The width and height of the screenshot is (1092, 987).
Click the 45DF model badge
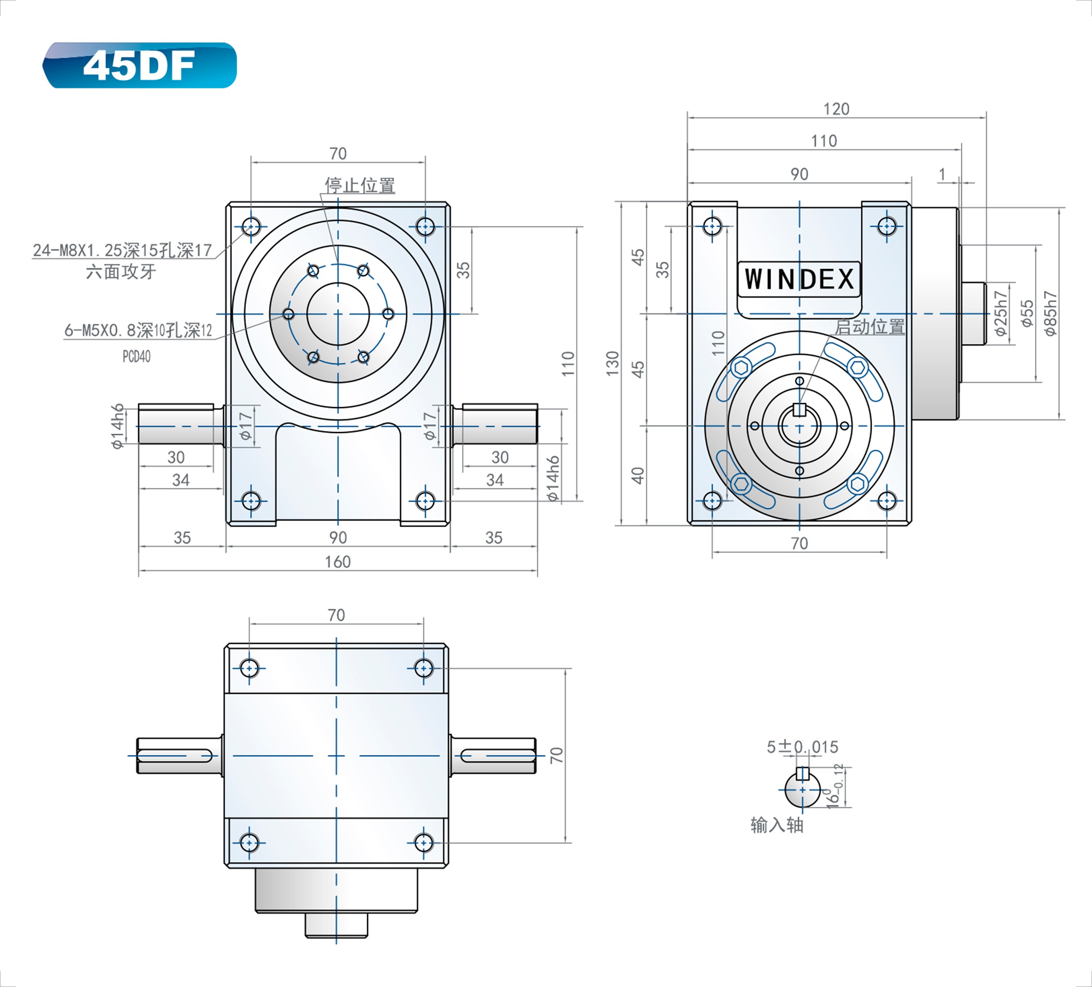click(x=140, y=66)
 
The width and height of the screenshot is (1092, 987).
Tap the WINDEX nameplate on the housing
click(x=799, y=280)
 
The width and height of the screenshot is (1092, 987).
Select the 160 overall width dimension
click(x=338, y=562)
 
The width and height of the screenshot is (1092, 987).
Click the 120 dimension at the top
click(x=836, y=110)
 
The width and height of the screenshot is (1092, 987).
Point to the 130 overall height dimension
click(x=613, y=364)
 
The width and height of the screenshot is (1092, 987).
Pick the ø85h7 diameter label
click(x=1051, y=314)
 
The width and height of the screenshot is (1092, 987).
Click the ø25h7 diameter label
click(x=1001, y=314)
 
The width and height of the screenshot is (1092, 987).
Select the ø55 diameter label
click(x=1027, y=314)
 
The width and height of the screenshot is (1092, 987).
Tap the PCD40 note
click(x=136, y=357)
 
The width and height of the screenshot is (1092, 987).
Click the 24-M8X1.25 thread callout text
click(x=123, y=251)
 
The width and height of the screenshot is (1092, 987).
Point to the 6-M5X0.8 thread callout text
click(x=138, y=330)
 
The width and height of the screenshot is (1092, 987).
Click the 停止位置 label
click(x=360, y=185)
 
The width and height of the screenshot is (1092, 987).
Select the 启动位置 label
click(x=869, y=327)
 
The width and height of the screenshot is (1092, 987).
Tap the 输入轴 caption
click(x=777, y=825)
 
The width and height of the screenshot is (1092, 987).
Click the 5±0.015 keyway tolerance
click(x=802, y=747)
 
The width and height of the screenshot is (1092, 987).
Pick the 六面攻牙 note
click(x=121, y=272)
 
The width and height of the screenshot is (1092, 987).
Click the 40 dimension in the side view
click(x=638, y=476)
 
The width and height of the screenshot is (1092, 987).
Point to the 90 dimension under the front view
click(x=338, y=538)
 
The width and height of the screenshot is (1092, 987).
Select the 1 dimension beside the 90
click(x=943, y=175)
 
